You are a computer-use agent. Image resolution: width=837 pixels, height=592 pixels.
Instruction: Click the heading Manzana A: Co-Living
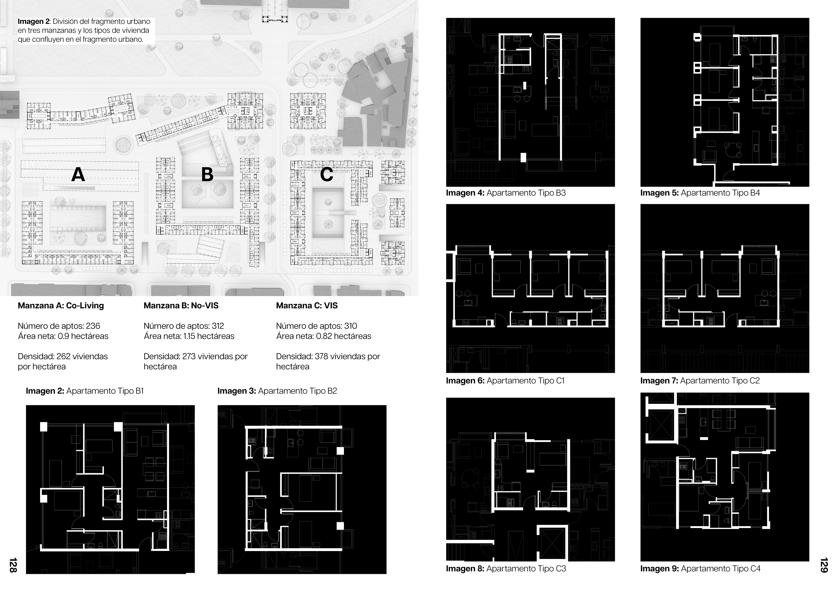(x=61, y=306)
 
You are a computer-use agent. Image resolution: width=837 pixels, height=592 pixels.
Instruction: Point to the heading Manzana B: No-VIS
(x=181, y=306)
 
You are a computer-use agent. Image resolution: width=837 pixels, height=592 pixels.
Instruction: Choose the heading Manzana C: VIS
(x=307, y=306)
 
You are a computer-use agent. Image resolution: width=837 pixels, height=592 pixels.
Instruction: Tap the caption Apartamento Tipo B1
(x=105, y=391)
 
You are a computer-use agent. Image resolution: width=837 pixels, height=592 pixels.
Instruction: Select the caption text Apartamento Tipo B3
(x=526, y=193)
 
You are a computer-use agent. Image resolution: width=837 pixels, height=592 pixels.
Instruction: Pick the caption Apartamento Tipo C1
(x=525, y=381)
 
